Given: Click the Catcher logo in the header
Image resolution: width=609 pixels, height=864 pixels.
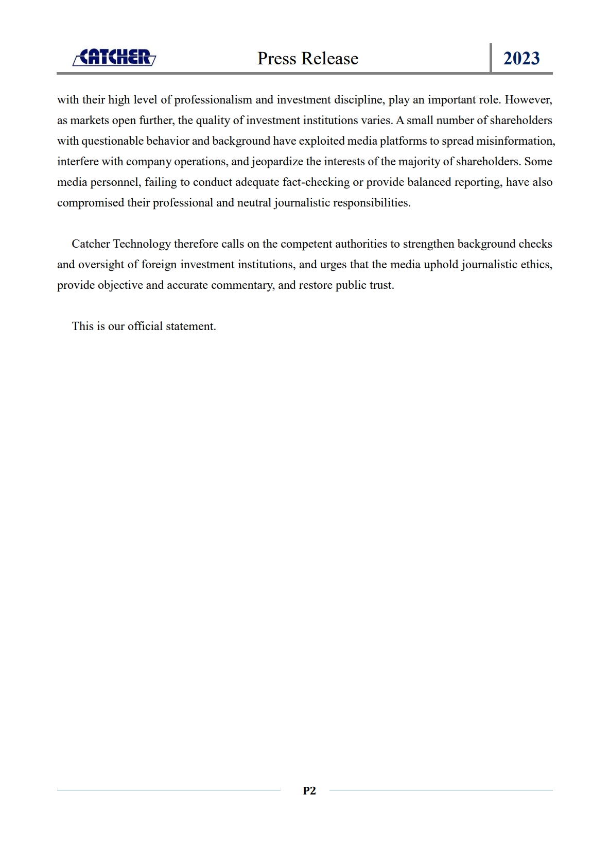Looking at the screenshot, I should point(114,57).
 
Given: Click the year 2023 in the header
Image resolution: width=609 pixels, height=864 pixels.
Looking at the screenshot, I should point(521,58).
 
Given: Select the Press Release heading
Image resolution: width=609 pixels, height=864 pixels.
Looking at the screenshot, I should point(308,58).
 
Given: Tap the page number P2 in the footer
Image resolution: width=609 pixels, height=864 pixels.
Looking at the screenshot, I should point(309,790).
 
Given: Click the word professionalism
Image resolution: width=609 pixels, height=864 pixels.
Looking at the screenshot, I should point(213,100).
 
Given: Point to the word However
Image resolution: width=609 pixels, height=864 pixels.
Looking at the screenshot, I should point(528,100).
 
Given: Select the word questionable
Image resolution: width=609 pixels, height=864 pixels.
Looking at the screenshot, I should point(112,141).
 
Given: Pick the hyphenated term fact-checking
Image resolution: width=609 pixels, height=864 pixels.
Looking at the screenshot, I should point(316,182).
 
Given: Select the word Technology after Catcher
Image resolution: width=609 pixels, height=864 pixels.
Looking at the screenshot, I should point(142,244).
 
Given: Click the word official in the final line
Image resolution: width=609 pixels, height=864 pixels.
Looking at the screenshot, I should point(145,326).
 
